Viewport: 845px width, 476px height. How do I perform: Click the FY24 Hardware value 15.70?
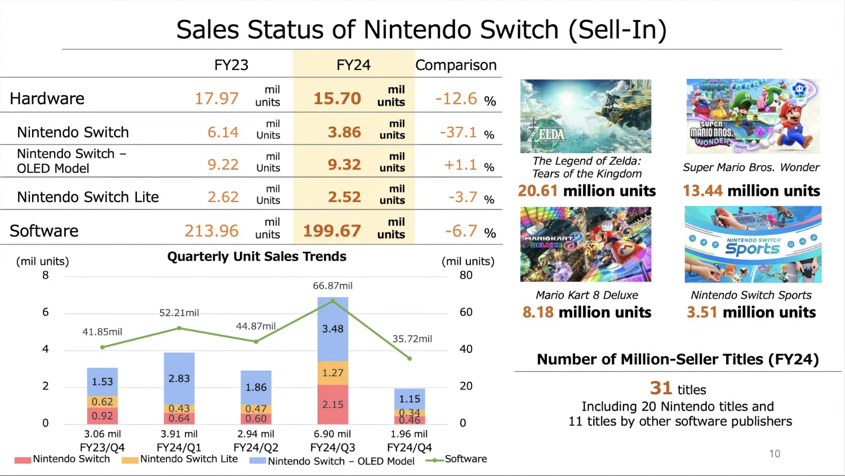pos(337,99)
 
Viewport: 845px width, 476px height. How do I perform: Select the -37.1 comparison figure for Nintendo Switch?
pos(458,132)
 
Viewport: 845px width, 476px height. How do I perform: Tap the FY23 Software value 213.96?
pos(211,231)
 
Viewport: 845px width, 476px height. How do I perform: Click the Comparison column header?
pos(456,65)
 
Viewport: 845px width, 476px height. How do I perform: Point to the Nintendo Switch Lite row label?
pos(88,197)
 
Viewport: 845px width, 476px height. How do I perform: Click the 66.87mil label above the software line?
pos(332,286)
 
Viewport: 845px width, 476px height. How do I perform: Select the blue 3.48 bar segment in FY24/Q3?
pos(332,328)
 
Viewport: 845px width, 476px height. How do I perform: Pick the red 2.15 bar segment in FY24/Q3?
pos(332,404)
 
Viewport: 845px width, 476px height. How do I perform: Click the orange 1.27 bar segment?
pos(332,373)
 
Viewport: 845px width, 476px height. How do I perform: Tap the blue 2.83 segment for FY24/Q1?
pos(179,379)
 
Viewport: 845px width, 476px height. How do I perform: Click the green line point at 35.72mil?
pos(410,358)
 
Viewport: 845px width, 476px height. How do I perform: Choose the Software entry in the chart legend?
pos(465,459)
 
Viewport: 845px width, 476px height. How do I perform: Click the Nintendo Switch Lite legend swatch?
pos(130,460)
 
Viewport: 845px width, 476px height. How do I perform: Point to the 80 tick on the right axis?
pos(466,275)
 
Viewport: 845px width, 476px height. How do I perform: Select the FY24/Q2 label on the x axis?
pos(256,448)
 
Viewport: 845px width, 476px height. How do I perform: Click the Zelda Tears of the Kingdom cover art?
pos(585,116)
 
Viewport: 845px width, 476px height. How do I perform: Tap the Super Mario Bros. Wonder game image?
pos(753,116)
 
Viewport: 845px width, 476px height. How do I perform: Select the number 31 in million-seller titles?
pos(661,388)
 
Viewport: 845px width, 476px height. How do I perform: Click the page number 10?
pos(775,453)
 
